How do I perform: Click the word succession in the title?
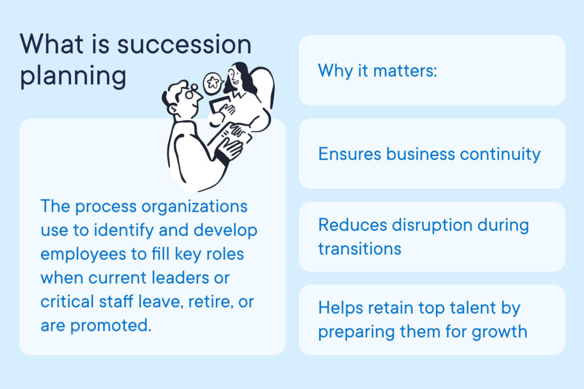point(184,44)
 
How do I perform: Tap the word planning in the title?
point(73,77)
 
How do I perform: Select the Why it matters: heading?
point(378,71)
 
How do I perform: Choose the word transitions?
point(359,249)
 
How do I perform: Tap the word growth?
point(499,331)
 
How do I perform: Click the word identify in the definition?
point(124,231)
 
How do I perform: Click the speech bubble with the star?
point(213,83)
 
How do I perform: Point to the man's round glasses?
point(192,92)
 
